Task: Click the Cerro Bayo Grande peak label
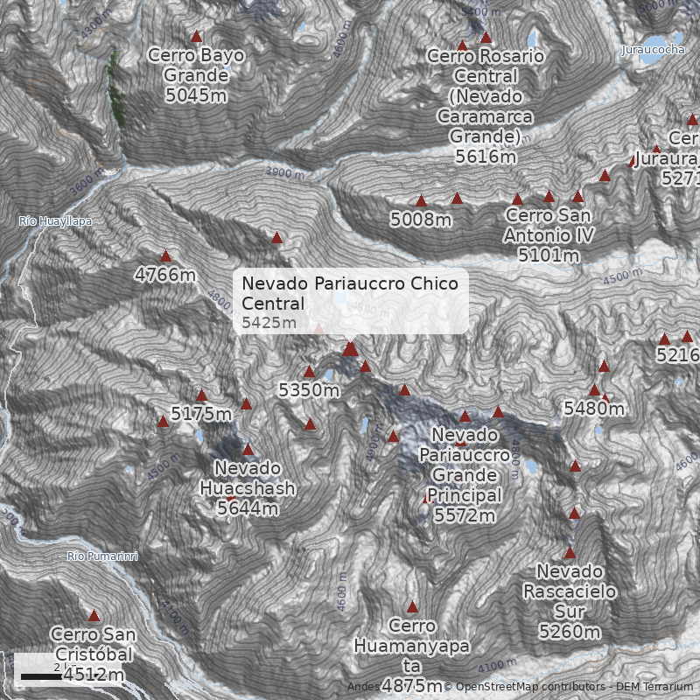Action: [x=196, y=75]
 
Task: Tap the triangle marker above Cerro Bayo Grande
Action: [x=196, y=37]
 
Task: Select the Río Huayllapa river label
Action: [x=55, y=221]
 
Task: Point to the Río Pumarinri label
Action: [x=102, y=556]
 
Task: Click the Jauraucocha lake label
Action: [x=653, y=50]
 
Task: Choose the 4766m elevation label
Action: [x=165, y=275]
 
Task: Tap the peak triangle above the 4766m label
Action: [x=165, y=256]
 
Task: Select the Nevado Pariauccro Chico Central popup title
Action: [x=350, y=294]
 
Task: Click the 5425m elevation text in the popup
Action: [x=269, y=323]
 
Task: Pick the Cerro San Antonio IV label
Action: [x=549, y=235]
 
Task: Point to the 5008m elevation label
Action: [x=421, y=220]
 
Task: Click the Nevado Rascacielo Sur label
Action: [x=570, y=601]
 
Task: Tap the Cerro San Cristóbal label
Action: [x=93, y=654]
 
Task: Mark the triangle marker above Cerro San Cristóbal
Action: [x=94, y=615]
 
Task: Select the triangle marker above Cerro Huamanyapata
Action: [x=412, y=606]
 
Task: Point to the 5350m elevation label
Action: [x=309, y=390]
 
